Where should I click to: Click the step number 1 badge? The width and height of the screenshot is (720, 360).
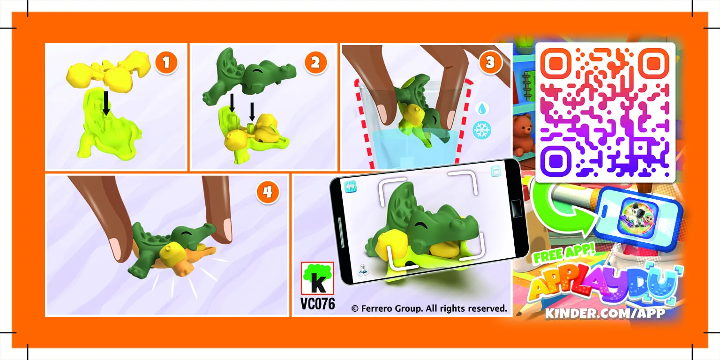coord(166,62)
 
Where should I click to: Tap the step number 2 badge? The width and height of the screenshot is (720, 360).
coord(315,62)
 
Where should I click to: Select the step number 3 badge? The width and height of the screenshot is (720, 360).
coord(490,62)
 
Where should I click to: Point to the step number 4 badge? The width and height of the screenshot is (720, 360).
coord(268,192)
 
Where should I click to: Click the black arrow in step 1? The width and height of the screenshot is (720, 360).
coord(106,103)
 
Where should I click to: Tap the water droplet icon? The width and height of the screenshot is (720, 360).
coord(481,109)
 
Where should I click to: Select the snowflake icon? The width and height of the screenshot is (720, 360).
coord(482,130)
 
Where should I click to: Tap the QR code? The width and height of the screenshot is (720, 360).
coord(605,112)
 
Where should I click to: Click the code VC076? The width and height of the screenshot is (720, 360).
coord(317,303)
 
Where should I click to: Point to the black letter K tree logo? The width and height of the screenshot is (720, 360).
coord(317,278)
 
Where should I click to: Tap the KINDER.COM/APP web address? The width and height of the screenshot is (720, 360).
coord(605,314)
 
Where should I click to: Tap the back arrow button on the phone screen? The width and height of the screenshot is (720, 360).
coord(350,187)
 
